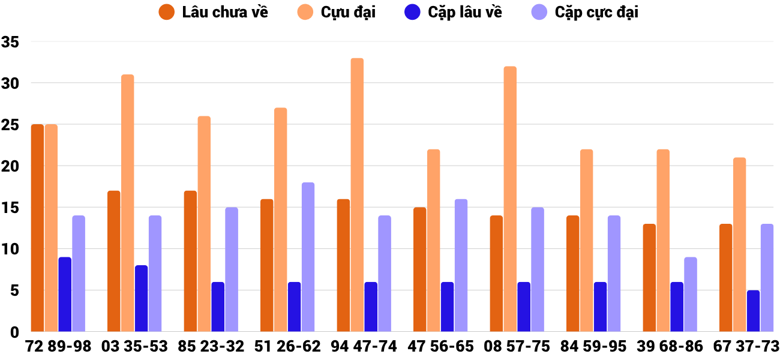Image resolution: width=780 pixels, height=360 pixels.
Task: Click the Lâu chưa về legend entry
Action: click(213, 12)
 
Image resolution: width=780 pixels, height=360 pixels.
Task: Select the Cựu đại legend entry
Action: click(335, 12)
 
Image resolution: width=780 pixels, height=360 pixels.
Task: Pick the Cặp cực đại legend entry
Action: click(585, 12)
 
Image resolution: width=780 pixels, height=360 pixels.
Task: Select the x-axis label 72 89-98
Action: click(58, 347)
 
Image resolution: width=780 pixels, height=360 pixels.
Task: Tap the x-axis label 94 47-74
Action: click(364, 347)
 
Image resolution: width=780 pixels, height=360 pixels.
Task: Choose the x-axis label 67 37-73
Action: click(746, 347)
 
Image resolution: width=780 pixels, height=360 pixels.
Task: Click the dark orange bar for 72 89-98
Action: click(37, 228)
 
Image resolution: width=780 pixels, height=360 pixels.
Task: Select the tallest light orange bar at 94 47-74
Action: click(357, 195)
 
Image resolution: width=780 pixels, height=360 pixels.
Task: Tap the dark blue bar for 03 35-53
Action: click(141, 298)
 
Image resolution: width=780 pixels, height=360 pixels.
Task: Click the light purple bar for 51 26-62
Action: click(308, 257)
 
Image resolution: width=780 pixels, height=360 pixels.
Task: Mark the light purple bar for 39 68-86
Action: click(691, 294)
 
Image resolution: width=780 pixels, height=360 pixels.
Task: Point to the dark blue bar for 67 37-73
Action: click(753, 311)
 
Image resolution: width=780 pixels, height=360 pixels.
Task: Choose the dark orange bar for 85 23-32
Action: click(190, 261)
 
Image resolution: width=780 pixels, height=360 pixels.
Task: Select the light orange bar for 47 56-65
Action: click(433, 240)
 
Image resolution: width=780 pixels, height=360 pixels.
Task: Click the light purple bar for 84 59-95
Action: click(614, 274)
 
